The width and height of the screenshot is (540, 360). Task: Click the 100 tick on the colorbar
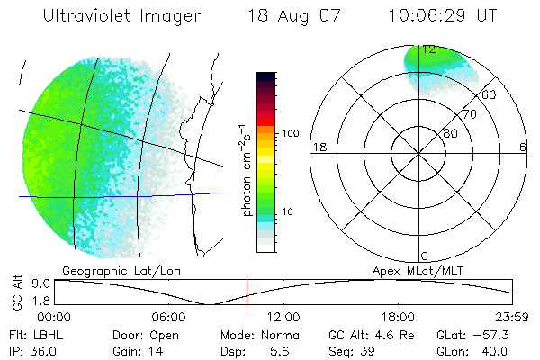coord(291,133)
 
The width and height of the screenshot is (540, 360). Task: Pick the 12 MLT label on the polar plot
coord(427,49)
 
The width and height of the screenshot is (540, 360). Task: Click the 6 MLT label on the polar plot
coord(523,148)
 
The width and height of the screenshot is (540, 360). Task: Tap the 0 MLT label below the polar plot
coord(425,256)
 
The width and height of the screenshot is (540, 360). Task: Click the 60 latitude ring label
coord(490,94)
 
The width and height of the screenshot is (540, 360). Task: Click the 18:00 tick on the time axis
coord(399,317)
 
